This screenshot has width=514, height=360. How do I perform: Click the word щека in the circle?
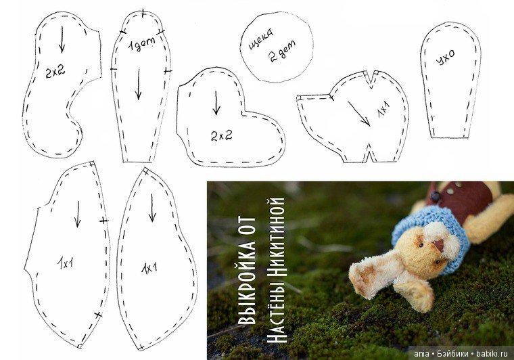(261, 41)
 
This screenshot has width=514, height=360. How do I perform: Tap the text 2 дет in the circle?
(282, 51)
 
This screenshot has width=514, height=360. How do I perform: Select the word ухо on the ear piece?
(446, 58)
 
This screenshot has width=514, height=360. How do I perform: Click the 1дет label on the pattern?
(141, 45)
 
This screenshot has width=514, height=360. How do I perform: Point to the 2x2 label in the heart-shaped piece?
(222, 135)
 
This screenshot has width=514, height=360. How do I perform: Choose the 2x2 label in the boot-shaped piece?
(55, 72)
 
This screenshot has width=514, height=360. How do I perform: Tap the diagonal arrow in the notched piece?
(359, 114)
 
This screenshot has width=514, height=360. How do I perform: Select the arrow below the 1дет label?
(139, 84)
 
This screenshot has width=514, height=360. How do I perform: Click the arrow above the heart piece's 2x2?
(216, 103)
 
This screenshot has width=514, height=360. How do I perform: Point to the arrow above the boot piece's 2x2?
(62, 39)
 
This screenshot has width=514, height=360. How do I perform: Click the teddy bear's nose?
(439, 244)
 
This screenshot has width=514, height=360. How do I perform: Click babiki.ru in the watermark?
(492, 354)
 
